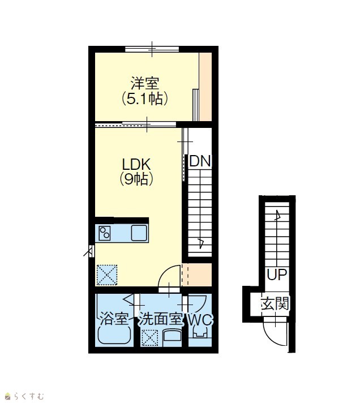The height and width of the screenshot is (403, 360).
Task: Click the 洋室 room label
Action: tap(145, 83)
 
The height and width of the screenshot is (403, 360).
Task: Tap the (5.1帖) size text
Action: tap(145, 98)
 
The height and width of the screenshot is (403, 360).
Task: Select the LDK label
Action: tap(136, 164)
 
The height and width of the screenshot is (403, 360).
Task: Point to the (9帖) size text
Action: tap(136, 179)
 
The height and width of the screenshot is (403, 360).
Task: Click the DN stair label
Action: tap(200, 161)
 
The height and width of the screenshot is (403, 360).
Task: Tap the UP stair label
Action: tap(277, 275)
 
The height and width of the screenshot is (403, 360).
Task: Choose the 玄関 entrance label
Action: tap(275, 303)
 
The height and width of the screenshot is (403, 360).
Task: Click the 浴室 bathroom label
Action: tap(114, 319)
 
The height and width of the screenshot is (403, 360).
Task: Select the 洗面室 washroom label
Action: tap(161, 319)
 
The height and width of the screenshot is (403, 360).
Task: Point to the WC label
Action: tap(200, 319)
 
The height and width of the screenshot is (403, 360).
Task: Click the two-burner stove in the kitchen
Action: tap(105, 233)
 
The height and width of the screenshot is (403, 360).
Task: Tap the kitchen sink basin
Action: tap(139, 233)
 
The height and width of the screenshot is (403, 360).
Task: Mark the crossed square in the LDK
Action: tap(107, 275)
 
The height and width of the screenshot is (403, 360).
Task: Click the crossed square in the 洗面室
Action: tap(150, 337)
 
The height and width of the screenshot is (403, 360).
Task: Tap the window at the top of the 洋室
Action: tap(152, 49)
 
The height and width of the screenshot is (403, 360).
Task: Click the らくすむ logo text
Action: tap(29, 396)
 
